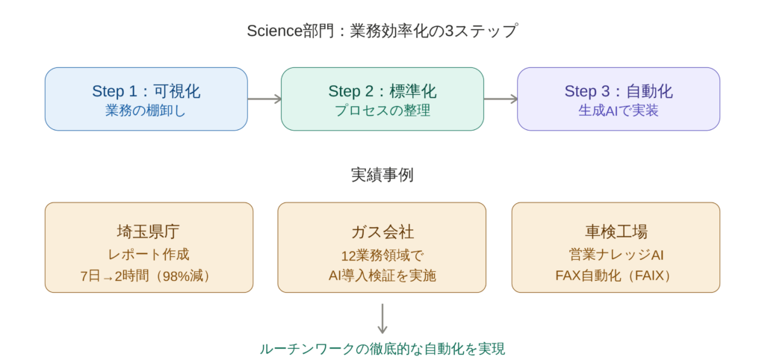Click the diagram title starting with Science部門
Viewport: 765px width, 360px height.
382,31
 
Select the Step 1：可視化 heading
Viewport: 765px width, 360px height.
146,91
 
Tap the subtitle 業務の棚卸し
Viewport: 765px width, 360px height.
146,111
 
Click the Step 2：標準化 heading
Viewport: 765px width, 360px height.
382,91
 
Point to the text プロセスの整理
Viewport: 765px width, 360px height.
382,111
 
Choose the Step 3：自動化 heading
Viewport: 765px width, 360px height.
619,91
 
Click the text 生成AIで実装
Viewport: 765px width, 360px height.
619,111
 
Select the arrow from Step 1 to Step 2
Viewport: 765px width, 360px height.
264,99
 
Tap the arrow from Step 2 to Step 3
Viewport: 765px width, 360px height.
501,99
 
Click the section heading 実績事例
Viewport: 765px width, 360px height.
382,176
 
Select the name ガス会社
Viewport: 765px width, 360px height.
382,231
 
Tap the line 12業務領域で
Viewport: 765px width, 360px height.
382,254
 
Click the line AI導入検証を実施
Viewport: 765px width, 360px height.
382,276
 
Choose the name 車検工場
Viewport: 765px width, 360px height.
616,231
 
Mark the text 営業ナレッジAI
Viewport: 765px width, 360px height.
616,254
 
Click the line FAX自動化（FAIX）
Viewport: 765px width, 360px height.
616,276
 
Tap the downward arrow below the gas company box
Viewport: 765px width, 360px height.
382,318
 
